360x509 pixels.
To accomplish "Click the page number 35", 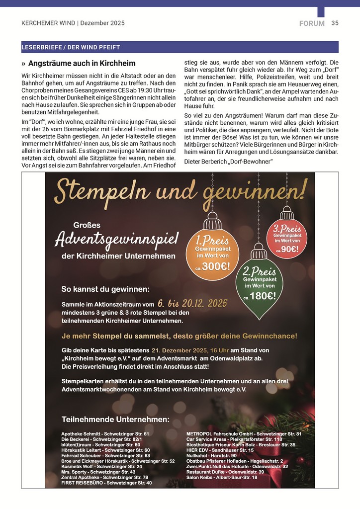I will coord(335,23).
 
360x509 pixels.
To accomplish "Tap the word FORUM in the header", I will coord(312,23).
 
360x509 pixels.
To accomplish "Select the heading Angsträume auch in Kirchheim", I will coord(82,64).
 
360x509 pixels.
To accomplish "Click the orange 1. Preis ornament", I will coord(212,251).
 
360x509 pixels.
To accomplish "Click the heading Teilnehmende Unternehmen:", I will coord(115,419).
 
